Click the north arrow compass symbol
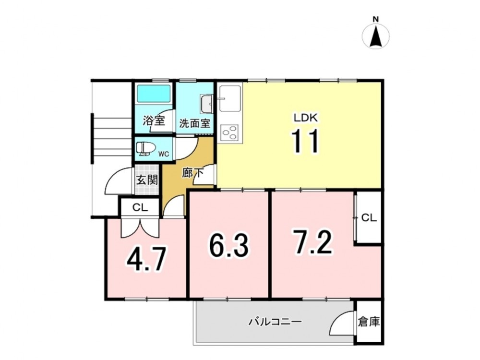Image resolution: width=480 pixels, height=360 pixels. tap(376, 36)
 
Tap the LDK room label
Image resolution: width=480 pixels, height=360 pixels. tap(306, 118)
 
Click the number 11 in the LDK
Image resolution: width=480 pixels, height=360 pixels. tap(305, 141)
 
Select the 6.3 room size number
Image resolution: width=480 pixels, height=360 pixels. tap(229, 245)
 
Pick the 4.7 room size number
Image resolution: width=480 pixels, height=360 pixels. tap(147, 260)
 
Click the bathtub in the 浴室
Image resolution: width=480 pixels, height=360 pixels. tap(154, 94)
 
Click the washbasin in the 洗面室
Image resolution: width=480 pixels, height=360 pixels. tap(206, 104)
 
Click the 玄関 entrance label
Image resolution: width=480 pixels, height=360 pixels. tap(147, 180)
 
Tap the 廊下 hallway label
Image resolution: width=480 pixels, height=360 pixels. tap(193, 173)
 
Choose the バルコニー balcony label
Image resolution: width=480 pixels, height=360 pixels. tap(275, 322)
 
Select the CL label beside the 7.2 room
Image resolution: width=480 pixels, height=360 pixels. tap(369, 217)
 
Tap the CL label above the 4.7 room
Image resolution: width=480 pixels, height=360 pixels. tap(140, 207)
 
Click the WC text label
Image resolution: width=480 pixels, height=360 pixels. tap(164, 154)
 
